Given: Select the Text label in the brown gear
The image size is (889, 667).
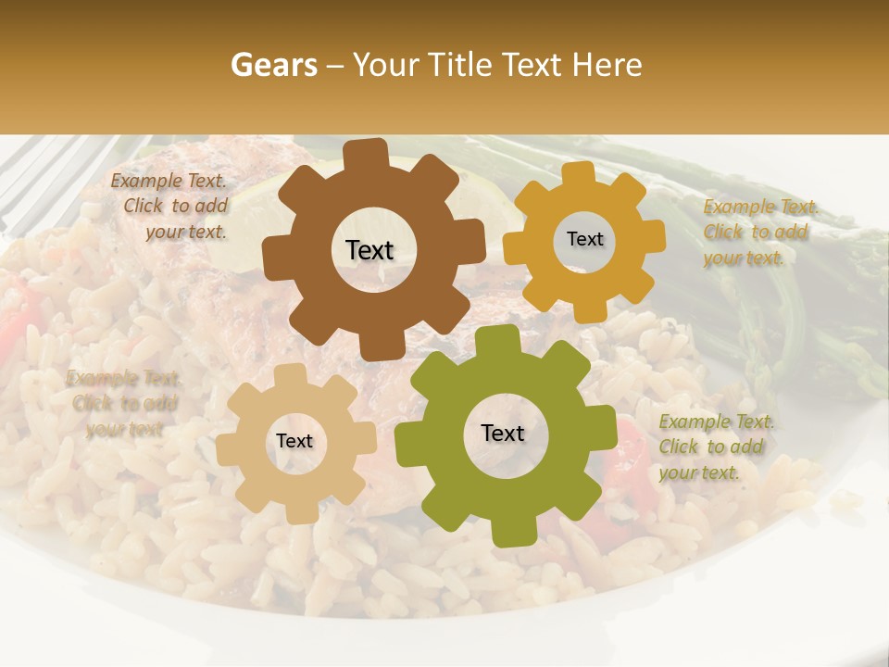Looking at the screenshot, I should [369, 250].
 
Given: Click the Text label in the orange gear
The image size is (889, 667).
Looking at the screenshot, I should [584, 239].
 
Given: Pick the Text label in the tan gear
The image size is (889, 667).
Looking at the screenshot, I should [294, 442].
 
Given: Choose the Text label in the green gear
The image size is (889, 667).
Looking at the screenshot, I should [503, 434].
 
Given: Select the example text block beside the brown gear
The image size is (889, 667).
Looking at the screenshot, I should [172, 207].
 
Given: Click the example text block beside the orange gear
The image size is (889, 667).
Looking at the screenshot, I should [759, 232].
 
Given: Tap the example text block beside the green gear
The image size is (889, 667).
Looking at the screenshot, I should [715, 447].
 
